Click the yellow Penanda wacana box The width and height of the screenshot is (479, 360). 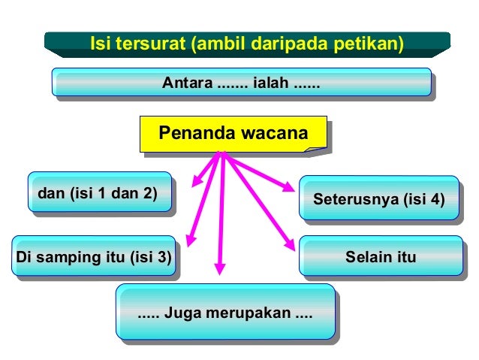point(233,135)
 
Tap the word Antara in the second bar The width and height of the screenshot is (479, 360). point(187,83)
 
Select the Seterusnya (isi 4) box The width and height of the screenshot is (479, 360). point(378,200)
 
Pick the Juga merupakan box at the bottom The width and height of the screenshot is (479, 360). point(224,312)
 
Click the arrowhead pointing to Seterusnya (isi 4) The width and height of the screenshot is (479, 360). point(289,187)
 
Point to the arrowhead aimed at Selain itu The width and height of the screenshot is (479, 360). point(289,245)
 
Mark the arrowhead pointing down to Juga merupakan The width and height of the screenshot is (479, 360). point(219,268)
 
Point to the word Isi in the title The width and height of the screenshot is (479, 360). point(100,44)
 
